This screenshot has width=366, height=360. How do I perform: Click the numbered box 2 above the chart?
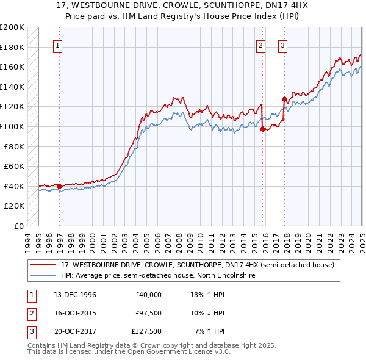(x=261, y=45)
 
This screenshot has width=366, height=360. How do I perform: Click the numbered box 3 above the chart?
(x=283, y=45)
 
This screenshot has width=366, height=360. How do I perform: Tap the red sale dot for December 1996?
(x=59, y=186)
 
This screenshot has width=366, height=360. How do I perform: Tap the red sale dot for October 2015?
(x=262, y=129)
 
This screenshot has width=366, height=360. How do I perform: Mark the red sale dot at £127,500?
(x=284, y=99)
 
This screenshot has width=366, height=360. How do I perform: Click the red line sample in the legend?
(x=43, y=265)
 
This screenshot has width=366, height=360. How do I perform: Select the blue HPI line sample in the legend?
(x=43, y=276)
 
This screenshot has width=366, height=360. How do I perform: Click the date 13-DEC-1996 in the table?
(x=75, y=295)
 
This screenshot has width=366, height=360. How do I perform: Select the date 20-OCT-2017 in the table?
(x=75, y=331)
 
